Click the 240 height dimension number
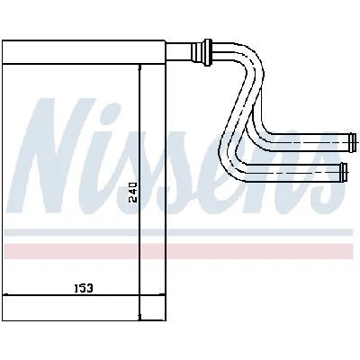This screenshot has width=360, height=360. pos(133,193)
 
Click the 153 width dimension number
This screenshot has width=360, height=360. pos(84,287)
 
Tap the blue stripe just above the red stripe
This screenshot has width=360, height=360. pos(180,230)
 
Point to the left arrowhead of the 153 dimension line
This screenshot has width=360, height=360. pos(5,295)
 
